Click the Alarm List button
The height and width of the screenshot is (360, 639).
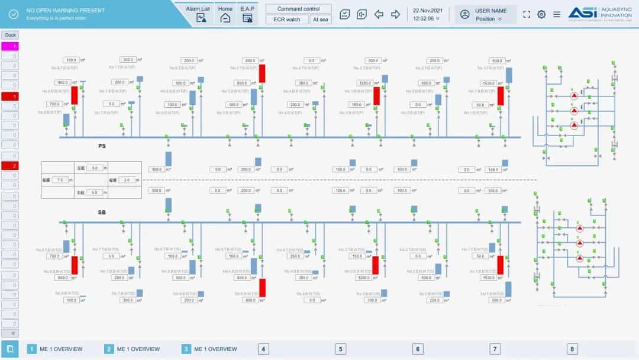coord(198,13)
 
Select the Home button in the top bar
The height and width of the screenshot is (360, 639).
coord(225,13)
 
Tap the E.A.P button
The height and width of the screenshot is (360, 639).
coord(247,13)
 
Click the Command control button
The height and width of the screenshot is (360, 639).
coord(298,9)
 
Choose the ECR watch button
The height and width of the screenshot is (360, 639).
coord(286,20)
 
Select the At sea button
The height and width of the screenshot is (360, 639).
coord(321,20)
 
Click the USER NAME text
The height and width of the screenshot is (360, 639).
coord(490,11)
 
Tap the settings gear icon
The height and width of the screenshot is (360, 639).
coord(541,14)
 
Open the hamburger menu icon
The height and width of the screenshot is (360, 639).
coord(557,14)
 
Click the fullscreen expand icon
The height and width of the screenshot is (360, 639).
coord(527,14)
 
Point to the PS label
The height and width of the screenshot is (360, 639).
coord(102,145)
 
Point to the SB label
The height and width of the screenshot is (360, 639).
coord(102,211)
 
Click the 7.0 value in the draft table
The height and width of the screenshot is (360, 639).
coord(61,179)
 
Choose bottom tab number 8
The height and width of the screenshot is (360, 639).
coord(572,349)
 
